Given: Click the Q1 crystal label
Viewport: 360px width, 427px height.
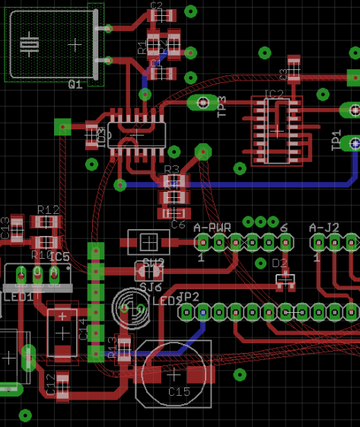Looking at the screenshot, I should click(x=75, y=85).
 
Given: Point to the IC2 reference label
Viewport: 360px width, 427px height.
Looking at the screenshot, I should click(x=273, y=94).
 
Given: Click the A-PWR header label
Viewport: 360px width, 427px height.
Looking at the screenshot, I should click(x=212, y=228).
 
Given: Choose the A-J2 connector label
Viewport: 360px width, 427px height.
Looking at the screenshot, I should click(x=324, y=228).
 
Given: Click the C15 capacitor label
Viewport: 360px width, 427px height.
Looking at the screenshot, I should click(x=179, y=391).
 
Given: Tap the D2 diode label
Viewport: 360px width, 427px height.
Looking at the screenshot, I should click(x=281, y=263).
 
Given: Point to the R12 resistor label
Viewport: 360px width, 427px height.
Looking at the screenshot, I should click(x=48, y=209).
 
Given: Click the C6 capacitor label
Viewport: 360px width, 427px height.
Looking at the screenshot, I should click(x=178, y=225).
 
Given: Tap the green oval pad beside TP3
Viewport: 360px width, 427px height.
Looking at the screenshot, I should click(x=202, y=103).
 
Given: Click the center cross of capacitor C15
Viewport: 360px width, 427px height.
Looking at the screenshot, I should click(x=174, y=374).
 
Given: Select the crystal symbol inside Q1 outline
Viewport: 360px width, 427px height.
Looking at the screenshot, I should click(x=29, y=44).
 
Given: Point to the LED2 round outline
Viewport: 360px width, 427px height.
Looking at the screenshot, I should click(x=127, y=308).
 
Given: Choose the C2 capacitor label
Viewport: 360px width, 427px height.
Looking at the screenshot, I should click(x=157, y=5).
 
